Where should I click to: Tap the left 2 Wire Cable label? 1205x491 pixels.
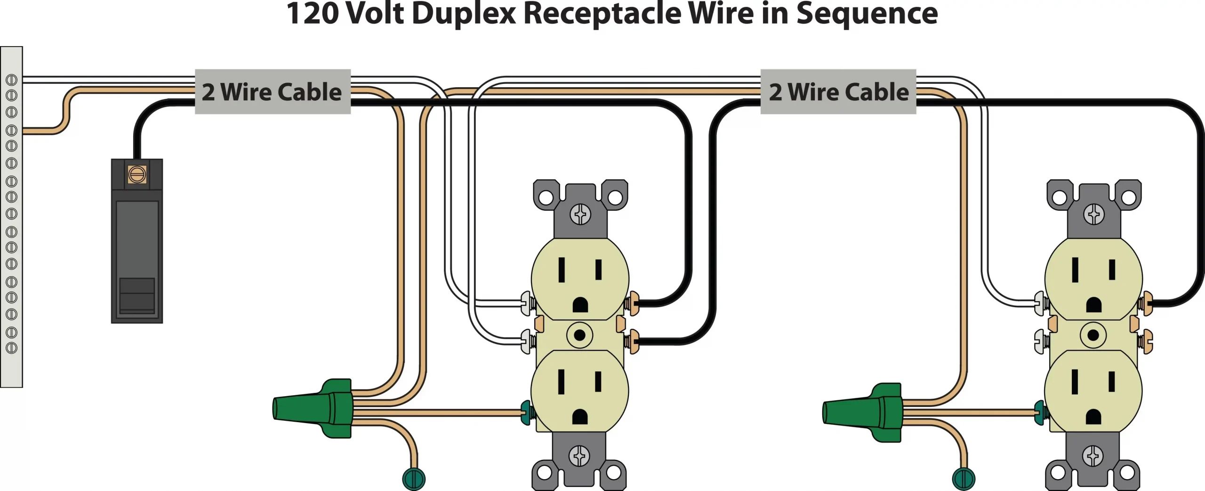click(x=272, y=92)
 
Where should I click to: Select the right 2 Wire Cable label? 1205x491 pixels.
click(x=838, y=92)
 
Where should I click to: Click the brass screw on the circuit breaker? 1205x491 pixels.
click(x=137, y=175)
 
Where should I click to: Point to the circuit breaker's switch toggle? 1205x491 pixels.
click(x=137, y=295)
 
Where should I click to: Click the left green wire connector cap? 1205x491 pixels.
click(x=313, y=408)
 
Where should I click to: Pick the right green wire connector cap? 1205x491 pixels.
click(x=863, y=412)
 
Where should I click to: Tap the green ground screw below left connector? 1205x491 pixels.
click(x=414, y=479)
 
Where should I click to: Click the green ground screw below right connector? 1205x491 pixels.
click(x=964, y=479)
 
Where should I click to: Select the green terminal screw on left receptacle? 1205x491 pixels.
click(x=527, y=413)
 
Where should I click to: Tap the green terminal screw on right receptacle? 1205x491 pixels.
click(x=1041, y=413)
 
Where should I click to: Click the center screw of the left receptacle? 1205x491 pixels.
click(x=580, y=335)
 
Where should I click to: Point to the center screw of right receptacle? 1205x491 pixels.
click(x=1093, y=335)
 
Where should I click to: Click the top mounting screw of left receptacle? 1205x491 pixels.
click(x=580, y=215)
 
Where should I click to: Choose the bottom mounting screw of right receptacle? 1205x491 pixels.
click(x=1093, y=456)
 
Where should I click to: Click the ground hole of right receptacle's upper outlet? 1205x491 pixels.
click(x=1093, y=305)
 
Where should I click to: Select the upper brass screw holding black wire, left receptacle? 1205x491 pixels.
click(x=632, y=303)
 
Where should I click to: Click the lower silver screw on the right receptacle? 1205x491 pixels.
click(x=1041, y=341)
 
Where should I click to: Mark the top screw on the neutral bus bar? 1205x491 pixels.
click(x=11, y=80)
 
